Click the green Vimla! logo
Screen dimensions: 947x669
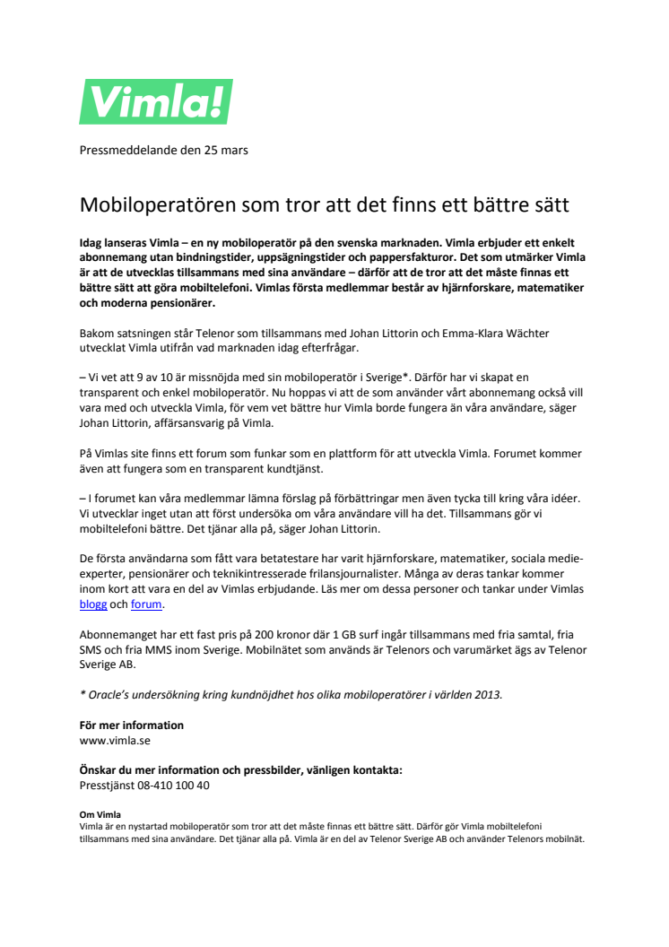point(156,100)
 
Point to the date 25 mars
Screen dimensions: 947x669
point(224,150)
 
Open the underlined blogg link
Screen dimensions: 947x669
point(93,605)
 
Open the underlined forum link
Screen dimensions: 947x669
point(148,605)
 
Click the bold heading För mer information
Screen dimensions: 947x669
point(131,725)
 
